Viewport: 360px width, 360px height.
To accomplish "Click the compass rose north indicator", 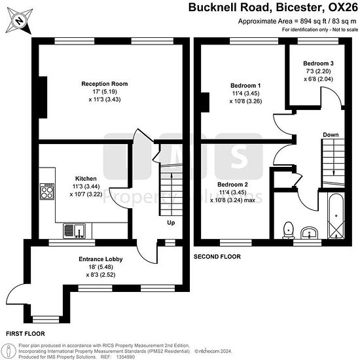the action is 19,21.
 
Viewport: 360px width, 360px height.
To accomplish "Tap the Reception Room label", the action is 105,84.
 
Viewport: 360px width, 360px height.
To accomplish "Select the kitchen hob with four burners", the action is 47,191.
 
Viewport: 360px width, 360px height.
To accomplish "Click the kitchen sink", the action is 74,231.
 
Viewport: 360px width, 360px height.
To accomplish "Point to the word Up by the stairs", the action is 171,223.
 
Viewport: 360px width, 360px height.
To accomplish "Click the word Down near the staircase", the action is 331,135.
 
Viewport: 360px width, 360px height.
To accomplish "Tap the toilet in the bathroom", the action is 289,230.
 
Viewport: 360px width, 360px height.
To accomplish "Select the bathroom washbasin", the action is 309,233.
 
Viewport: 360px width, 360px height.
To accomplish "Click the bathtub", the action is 336,215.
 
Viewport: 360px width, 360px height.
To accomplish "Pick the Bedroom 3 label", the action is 318,63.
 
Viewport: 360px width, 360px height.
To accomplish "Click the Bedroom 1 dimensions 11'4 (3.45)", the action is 245,94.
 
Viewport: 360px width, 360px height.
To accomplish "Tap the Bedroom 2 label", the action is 232,185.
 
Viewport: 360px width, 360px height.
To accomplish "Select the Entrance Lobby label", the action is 101,259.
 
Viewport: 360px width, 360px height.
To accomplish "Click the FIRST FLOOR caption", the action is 26,334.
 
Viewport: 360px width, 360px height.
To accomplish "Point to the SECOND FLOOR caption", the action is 217,257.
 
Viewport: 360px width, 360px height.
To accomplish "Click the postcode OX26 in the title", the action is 343,7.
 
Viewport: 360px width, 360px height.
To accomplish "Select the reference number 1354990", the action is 126,357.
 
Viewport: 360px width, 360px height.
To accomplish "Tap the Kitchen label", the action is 86,179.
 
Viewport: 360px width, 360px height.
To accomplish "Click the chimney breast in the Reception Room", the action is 43,98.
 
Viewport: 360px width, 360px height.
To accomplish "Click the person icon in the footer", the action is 9,351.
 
